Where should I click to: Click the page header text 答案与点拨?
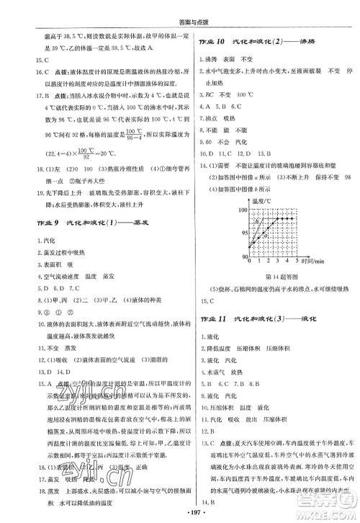[x=179, y=9]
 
